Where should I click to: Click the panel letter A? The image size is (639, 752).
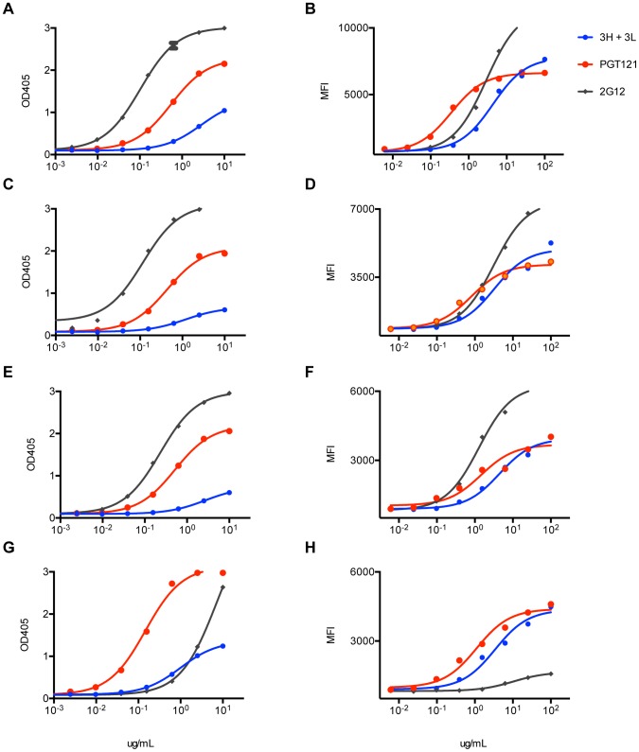pyautogui.click(x=9, y=10)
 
